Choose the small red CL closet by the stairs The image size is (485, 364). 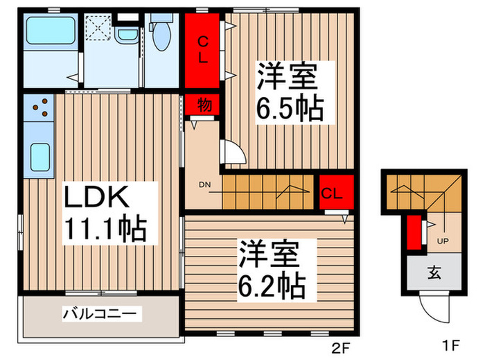point(333,193)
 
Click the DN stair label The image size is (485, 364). point(205,185)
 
